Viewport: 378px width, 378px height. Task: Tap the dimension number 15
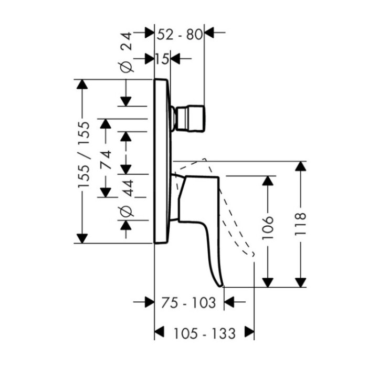(x=162, y=59)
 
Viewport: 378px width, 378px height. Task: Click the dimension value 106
(x=268, y=227)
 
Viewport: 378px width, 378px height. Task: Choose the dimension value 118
(x=300, y=224)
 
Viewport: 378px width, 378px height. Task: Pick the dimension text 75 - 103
(x=188, y=303)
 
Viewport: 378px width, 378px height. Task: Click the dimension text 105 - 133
(x=204, y=333)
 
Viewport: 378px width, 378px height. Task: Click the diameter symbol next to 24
(x=126, y=66)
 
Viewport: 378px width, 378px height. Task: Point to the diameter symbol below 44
(x=126, y=211)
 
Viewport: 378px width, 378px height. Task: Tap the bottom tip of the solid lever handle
(x=222, y=285)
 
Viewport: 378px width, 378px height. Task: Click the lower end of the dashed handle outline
(x=253, y=256)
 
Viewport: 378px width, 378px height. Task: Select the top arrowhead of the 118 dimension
(x=300, y=166)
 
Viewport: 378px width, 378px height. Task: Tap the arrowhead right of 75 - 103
(x=230, y=302)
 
